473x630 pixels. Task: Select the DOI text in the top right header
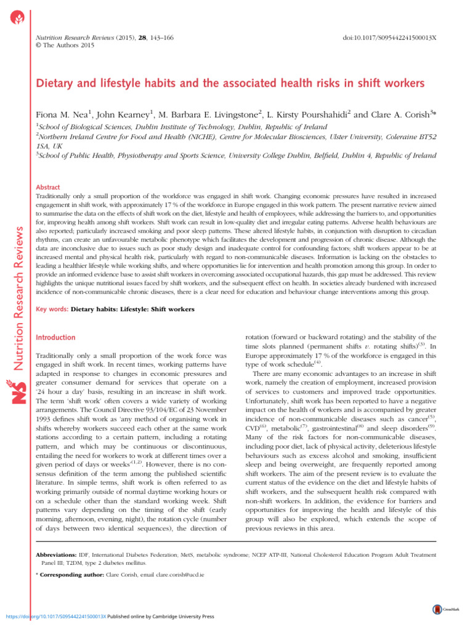pyautogui.click(x=391, y=38)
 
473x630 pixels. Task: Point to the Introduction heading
pyautogui.click(x=56, y=338)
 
